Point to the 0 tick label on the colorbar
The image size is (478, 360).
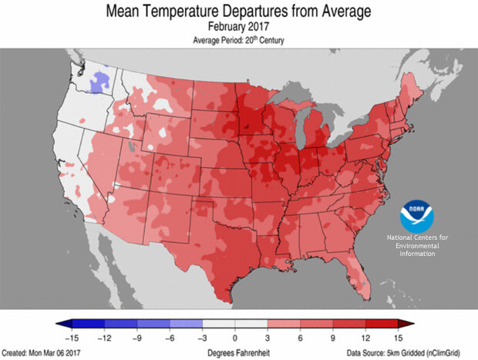(235, 338)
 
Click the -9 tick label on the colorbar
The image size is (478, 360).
(136, 338)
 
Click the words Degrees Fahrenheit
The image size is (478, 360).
(236, 352)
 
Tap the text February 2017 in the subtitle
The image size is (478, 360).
(238, 25)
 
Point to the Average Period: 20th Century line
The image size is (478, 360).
(238, 39)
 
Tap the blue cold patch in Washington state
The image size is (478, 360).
(99, 79)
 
